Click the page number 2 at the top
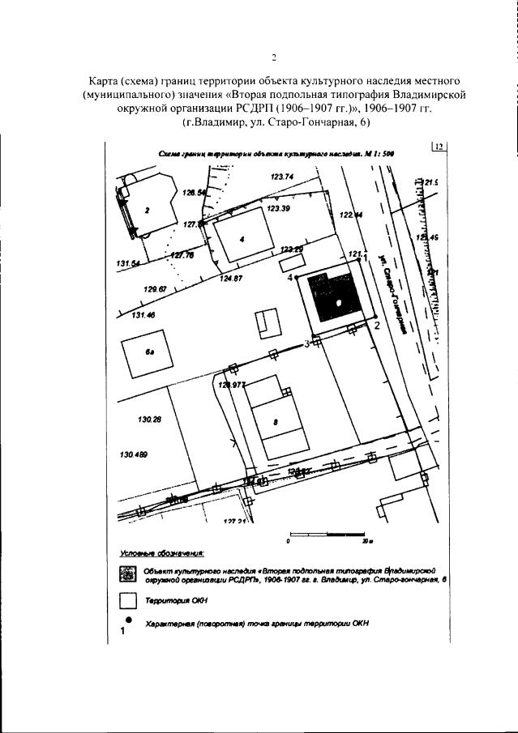(x=274, y=57)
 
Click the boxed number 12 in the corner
(x=439, y=147)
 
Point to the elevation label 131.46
(x=143, y=315)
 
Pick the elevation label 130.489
(x=134, y=455)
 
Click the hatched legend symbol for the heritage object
(x=126, y=573)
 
